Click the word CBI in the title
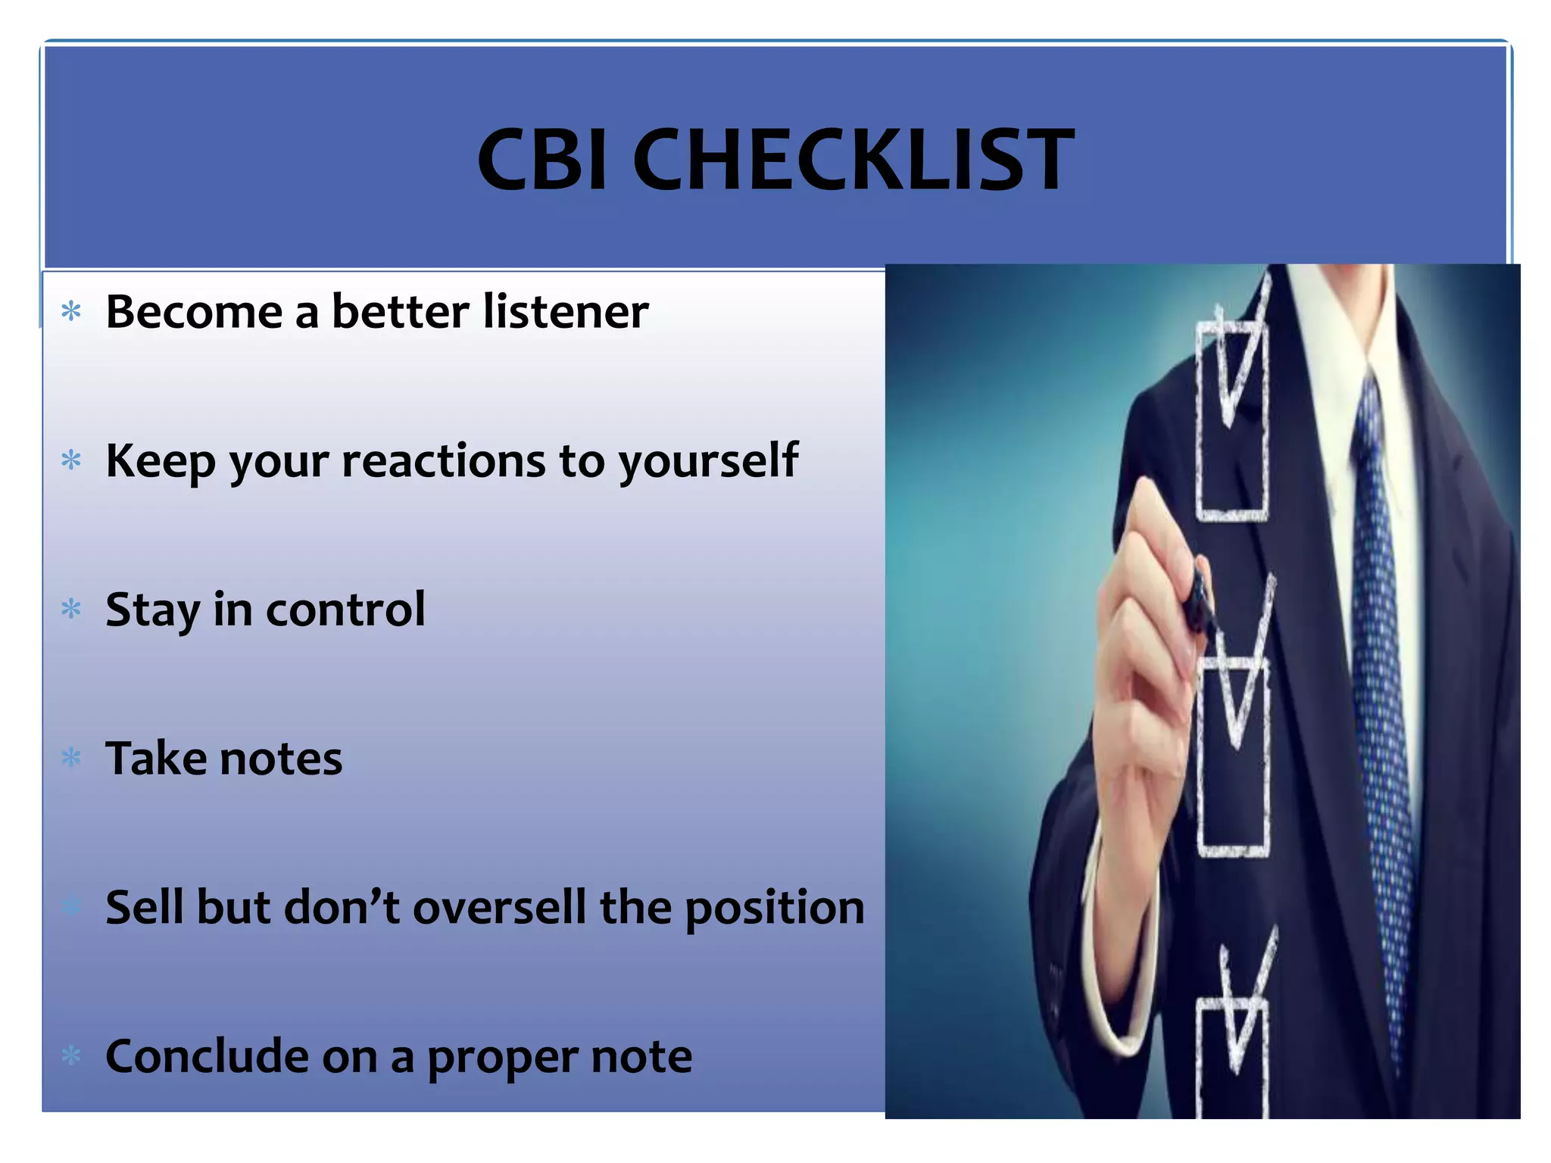542,161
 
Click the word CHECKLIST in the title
854,161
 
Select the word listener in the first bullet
566,311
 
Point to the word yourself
708,460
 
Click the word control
345,610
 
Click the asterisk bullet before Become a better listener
71,311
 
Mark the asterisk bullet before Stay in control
71,609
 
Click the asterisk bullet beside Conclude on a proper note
71,1055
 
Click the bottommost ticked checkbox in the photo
1231,1052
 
